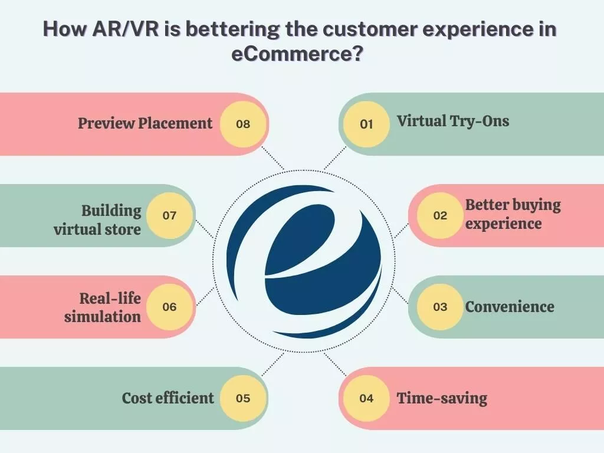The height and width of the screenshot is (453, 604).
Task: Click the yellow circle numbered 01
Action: coord(366,124)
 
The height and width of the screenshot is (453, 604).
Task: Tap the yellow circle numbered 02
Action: coord(440,215)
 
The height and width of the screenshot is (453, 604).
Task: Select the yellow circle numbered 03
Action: coord(440,307)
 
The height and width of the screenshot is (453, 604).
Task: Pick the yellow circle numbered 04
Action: coord(366,398)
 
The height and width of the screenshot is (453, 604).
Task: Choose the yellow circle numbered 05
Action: coord(243,398)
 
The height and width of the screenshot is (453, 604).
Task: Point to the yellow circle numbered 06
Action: coord(169,307)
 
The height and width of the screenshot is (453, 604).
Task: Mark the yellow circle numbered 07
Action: coord(169,215)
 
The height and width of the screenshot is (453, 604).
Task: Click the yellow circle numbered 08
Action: coord(243,124)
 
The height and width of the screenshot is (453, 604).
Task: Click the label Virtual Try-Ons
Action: coord(452,122)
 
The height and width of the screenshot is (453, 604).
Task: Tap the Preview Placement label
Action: coord(145,123)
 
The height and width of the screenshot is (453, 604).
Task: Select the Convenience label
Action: coord(510,307)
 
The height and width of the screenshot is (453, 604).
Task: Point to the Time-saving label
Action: coord(442,398)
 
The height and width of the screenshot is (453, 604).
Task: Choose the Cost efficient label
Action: coord(168,398)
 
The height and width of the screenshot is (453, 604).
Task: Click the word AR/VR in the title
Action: coord(120,31)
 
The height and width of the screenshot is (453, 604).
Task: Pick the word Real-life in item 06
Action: coord(110,298)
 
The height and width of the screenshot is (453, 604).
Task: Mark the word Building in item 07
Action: coord(111,211)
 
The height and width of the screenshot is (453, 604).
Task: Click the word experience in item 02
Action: coord(503,224)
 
